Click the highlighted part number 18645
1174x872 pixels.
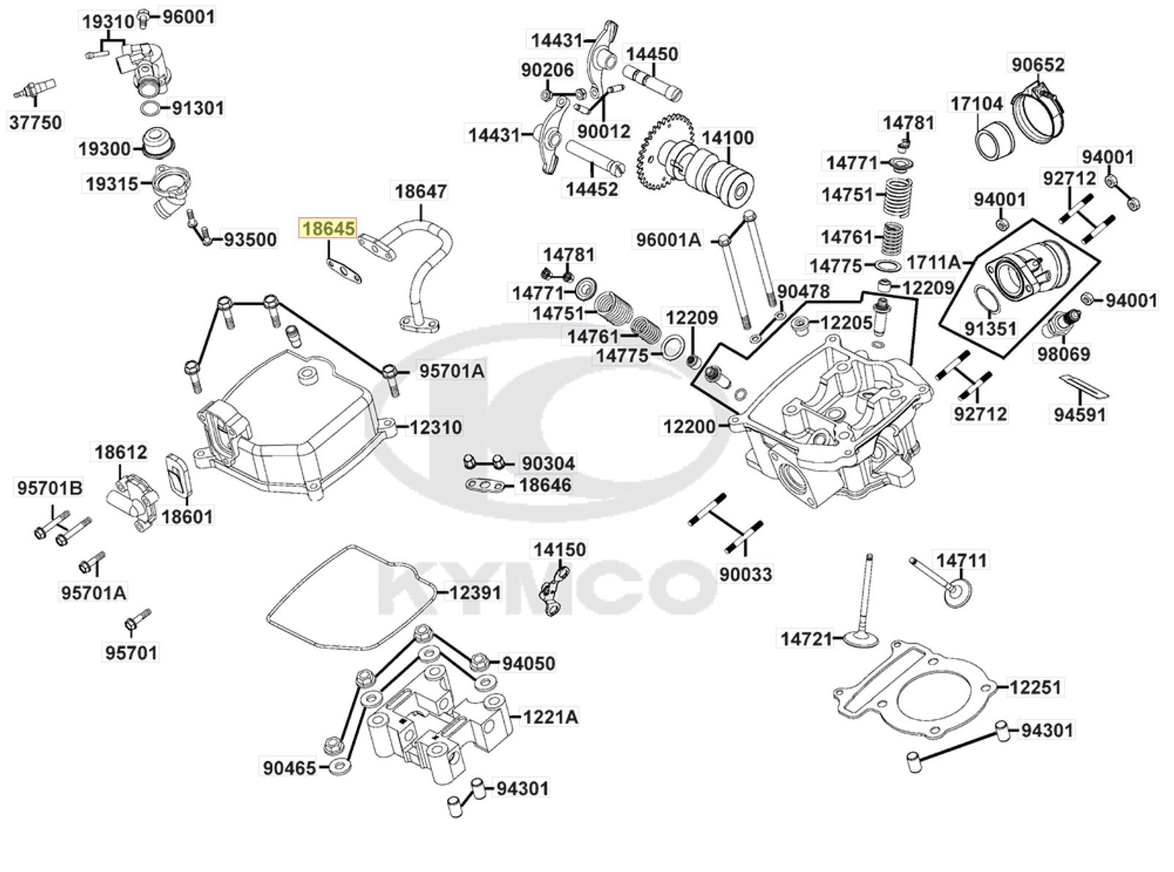coord(328,228)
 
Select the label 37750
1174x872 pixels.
coord(35,122)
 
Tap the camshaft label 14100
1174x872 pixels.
coord(727,138)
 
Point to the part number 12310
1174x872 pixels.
coord(436,427)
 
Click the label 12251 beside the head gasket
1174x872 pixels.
coord(1035,686)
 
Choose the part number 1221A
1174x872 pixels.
coord(551,717)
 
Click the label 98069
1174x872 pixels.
coord(1063,353)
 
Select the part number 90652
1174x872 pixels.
coord(1038,65)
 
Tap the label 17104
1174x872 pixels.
coord(977,103)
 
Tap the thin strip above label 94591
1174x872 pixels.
coord(1084,385)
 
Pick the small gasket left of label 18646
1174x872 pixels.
coord(484,484)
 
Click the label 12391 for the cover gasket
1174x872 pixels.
coord(475,593)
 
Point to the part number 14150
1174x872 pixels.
coord(559,549)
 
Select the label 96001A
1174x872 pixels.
coord(668,240)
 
